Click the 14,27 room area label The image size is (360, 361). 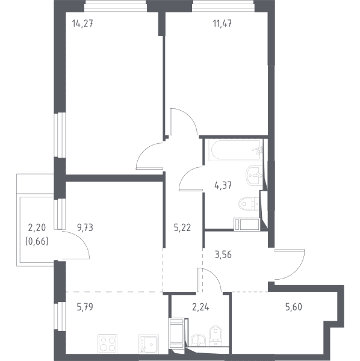pos(82,23)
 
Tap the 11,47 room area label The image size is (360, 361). pos(222,23)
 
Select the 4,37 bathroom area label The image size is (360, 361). pos(223,185)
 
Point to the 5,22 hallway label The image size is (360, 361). pos(182,227)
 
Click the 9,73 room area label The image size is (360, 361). pos(85,227)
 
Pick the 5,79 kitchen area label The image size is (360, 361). pos(85,307)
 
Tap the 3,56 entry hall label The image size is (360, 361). pos(223,255)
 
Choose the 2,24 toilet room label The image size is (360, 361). pos(200,307)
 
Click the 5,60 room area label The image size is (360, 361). pos(294,307)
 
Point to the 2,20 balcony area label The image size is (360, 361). pos(37,227)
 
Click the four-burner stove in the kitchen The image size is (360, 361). pos(107,344)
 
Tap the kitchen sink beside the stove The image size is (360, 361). pos(149,344)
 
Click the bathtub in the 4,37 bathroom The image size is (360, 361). pos(235,150)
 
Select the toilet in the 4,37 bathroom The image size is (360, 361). pos(249,204)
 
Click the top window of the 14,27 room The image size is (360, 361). pos(116,6)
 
